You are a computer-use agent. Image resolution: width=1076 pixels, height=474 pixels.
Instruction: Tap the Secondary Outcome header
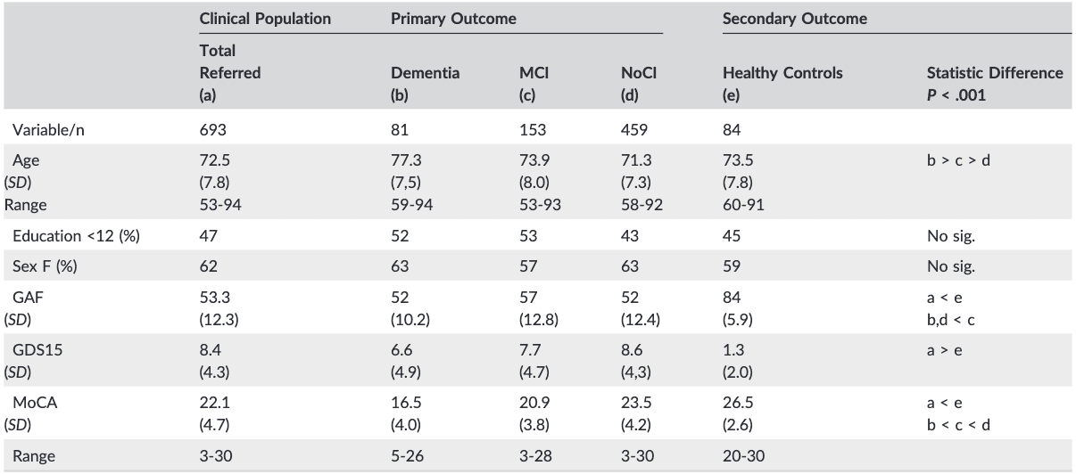782,18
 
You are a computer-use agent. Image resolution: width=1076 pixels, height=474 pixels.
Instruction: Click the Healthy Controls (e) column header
782,82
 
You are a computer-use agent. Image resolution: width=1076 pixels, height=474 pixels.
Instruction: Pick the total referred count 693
212,129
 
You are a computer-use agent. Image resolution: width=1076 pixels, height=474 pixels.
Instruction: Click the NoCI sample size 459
633,129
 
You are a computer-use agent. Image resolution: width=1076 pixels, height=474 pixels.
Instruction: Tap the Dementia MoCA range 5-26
410,456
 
